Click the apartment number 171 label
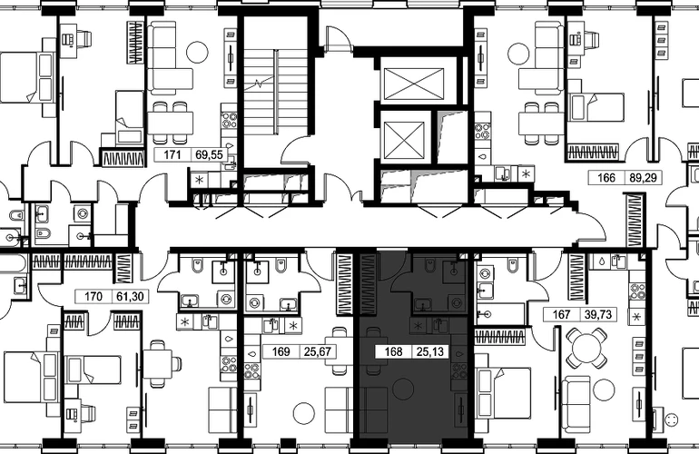[172, 154]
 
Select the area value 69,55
[209, 154]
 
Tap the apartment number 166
[606, 177]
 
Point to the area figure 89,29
[643, 177]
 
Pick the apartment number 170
[94, 296]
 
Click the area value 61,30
[130, 296]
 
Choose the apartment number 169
[281, 352]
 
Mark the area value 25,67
[318, 352]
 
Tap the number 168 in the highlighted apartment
[394, 352]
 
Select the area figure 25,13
[430, 352]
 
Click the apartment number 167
[561, 314]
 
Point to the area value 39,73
[598, 314]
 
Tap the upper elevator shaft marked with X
[414, 84]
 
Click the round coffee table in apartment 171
[197, 52]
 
